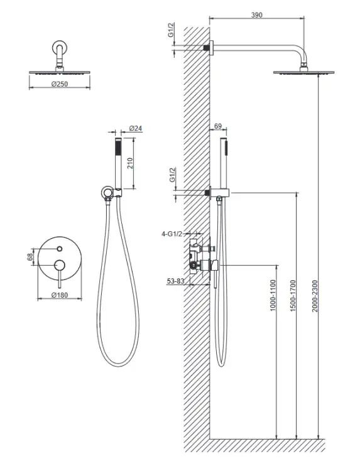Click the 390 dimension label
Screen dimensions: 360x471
(256, 14)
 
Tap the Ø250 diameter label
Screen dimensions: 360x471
(60, 84)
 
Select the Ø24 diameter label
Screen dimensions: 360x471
(136, 128)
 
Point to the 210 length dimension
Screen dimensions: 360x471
(130, 163)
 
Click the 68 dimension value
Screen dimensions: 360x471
(30, 257)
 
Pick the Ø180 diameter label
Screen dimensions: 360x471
(60, 295)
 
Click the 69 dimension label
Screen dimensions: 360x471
(218, 126)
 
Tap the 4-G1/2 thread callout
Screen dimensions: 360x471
(172, 234)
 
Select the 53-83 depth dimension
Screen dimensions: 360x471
(175, 281)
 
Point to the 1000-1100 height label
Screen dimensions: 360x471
(273, 296)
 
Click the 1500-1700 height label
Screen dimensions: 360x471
(293, 296)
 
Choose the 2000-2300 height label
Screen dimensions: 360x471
(315, 296)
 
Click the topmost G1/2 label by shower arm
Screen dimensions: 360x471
(171, 30)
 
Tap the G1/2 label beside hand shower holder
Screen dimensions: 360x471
(172, 175)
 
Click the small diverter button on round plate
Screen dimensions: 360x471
(60, 249)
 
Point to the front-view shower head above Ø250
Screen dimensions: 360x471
(60, 72)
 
